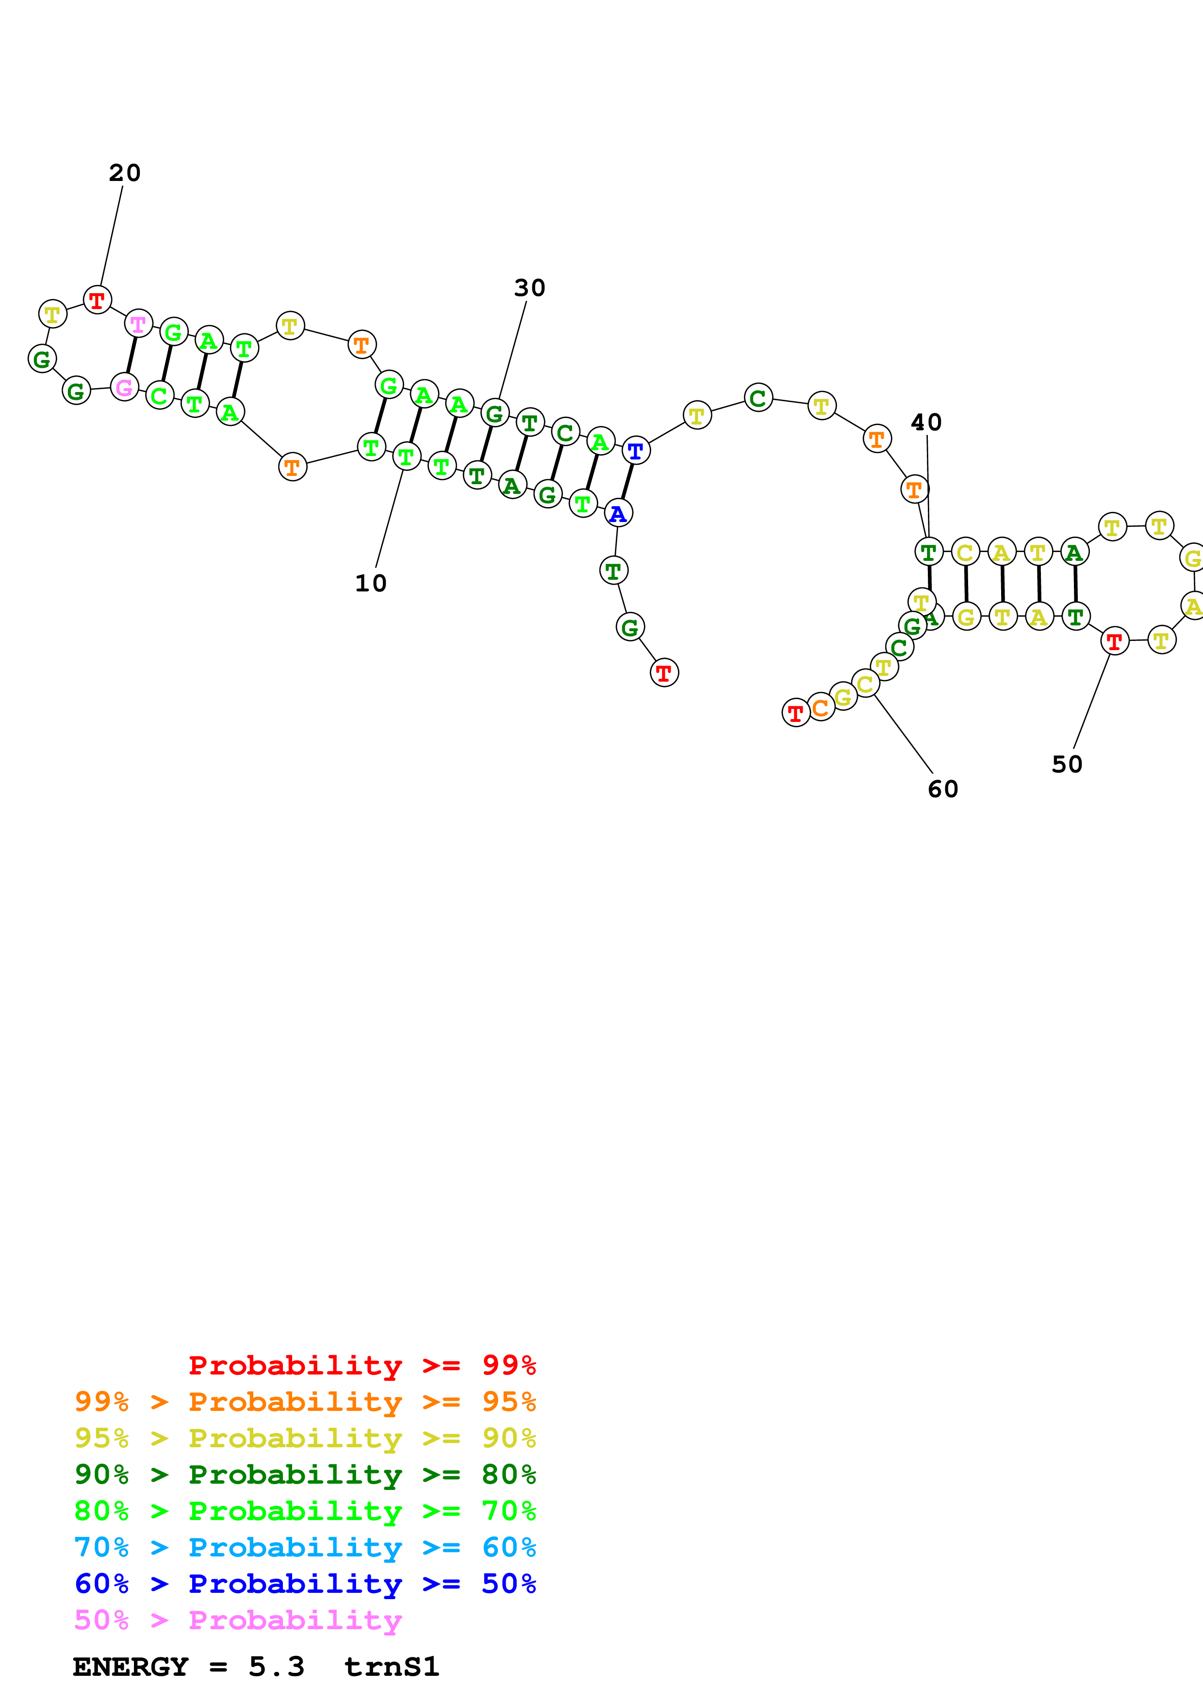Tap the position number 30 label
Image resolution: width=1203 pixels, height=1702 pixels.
click(x=529, y=288)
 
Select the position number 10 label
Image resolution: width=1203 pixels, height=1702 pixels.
click(x=371, y=583)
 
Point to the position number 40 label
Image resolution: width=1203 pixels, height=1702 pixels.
click(x=926, y=423)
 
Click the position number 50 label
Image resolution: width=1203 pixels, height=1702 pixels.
click(x=1067, y=764)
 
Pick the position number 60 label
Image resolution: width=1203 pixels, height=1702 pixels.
click(x=943, y=789)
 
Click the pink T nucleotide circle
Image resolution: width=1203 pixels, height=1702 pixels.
click(x=138, y=324)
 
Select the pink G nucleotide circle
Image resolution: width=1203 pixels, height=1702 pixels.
click(x=125, y=387)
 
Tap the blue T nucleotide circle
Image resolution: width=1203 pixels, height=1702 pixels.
click(x=635, y=451)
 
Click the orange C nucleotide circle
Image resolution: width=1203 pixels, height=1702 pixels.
click(x=820, y=707)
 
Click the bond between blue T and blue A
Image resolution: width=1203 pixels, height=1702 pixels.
click(x=627, y=482)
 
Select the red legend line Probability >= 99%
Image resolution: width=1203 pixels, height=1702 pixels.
click(x=362, y=1365)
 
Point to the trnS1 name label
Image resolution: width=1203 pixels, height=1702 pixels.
click(x=391, y=1667)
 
